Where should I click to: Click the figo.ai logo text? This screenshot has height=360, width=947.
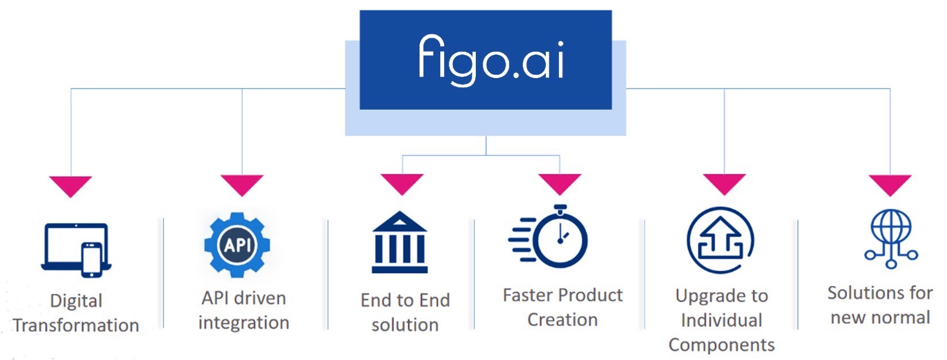pyautogui.click(x=491, y=60)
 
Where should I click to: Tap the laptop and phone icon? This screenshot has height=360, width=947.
pyautogui.click(x=76, y=250)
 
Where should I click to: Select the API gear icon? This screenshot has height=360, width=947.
pyautogui.click(x=237, y=245)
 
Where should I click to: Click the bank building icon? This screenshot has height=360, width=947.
pyautogui.click(x=399, y=242)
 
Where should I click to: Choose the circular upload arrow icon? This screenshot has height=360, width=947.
pyautogui.click(x=720, y=240)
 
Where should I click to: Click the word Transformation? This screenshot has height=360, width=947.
pyautogui.click(x=76, y=326)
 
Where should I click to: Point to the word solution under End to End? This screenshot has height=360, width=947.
pyautogui.click(x=405, y=325)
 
